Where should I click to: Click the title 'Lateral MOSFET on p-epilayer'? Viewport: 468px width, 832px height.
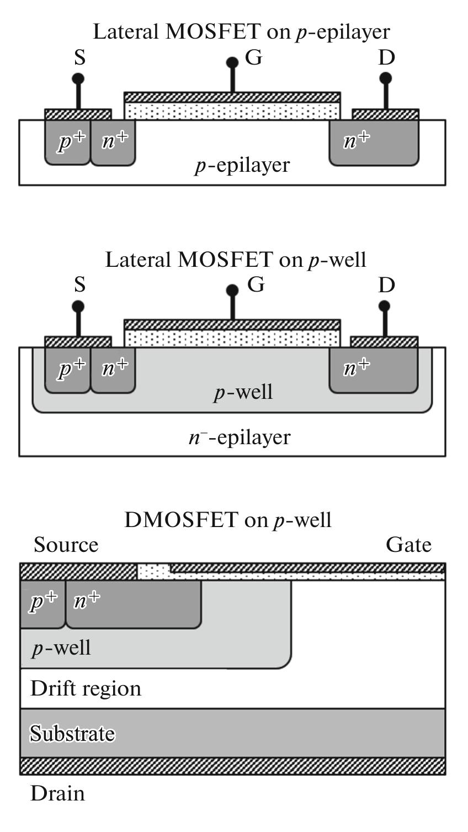pyautogui.click(x=241, y=31)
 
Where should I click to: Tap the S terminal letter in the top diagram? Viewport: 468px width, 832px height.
pyautogui.click(x=80, y=57)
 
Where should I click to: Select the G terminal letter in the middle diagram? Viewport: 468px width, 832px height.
pyautogui.click(x=256, y=285)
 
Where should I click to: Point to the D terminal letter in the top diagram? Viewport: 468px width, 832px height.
pyautogui.click(x=386, y=57)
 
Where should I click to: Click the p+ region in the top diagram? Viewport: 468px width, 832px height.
pyautogui.click(x=67, y=143)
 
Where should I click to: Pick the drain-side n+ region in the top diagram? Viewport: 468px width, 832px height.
pyautogui.click(x=374, y=143)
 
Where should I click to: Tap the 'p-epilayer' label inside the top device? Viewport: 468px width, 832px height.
pyautogui.click(x=242, y=165)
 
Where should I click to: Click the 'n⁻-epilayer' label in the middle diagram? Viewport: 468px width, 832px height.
pyautogui.click(x=239, y=437)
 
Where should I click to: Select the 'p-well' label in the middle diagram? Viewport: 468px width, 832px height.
pyautogui.click(x=243, y=392)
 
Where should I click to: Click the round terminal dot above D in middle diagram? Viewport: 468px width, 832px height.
pyautogui.click(x=385, y=306)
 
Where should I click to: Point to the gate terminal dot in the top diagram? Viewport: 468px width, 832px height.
pyautogui.click(x=232, y=62)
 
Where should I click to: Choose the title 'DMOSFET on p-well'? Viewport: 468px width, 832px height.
pyautogui.click(x=227, y=520)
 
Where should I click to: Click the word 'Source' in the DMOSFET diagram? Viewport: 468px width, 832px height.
pyautogui.click(x=66, y=545)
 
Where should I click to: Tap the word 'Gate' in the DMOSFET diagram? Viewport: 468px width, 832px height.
pyautogui.click(x=408, y=545)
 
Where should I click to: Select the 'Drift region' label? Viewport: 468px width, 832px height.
pyautogui.click(x=86, y=688)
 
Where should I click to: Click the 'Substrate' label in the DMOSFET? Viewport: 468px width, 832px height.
pyautogui.click(x=72, y=734)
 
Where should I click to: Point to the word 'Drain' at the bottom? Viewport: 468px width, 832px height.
pyautogui.click(x=57, y=793)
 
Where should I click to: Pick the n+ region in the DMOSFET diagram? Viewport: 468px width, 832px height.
pyautogui.click(x=132, y=604)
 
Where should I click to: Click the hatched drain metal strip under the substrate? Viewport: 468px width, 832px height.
pyautogui.click(x=232, y=766)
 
